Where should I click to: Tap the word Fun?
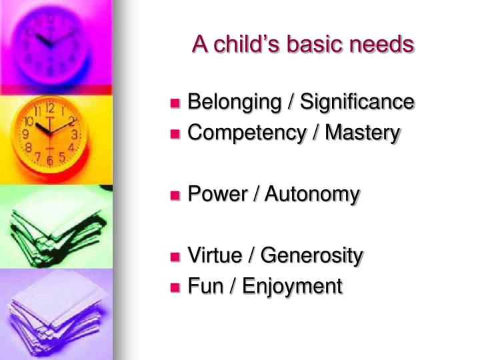coord(201,286)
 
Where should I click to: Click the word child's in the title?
coord(241,45)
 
